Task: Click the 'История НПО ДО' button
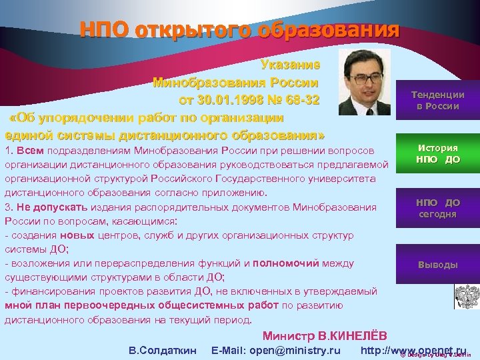coord(437,153)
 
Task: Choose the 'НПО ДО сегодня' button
coord(437,208)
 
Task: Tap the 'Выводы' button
coord(437,265)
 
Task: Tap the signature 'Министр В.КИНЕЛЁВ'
coord(324,335)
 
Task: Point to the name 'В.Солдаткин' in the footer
coord(162,350)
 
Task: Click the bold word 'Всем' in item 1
coord(30,151)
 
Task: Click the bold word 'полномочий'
coord(287,263)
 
